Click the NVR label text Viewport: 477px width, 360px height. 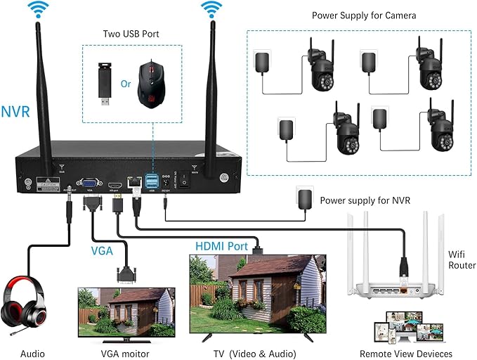[15, 111]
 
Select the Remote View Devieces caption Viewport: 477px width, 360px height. [405, 354]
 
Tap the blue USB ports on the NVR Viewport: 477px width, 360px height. [150, 181]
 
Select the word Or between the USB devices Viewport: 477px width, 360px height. [126, 84]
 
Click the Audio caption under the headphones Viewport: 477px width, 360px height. [32, 354]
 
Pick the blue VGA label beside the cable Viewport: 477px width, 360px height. [102, 250]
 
